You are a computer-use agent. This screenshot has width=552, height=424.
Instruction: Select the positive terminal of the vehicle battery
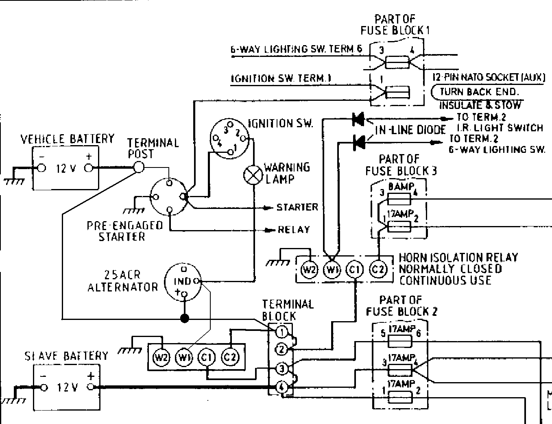click(x=88, y=167)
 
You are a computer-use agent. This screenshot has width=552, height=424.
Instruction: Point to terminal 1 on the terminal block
click(x=281, y=332)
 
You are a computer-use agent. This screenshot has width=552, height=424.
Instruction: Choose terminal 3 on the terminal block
click(x=281, y=369)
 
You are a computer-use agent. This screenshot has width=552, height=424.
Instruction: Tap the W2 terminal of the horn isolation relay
click(x=309, y=270)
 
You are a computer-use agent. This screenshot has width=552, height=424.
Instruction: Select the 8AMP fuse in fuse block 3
click(x=399, y=199)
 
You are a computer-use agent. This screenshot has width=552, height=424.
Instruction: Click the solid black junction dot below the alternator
click(x=185, y=318)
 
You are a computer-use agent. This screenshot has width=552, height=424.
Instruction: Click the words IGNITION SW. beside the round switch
click(x=281, y=123)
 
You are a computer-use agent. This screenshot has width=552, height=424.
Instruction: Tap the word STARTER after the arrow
click(x=297, y=207)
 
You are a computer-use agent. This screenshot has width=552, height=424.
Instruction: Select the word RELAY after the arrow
click(x=294, y=230)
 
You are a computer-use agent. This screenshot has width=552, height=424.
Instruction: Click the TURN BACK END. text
click(x=479, y=92)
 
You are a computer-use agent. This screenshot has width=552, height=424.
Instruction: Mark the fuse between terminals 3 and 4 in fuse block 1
click(x=397, y=62)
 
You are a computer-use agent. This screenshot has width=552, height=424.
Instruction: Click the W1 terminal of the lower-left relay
click(x=182, y=358)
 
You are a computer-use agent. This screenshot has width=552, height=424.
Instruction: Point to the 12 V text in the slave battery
click(x=67, y=387)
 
